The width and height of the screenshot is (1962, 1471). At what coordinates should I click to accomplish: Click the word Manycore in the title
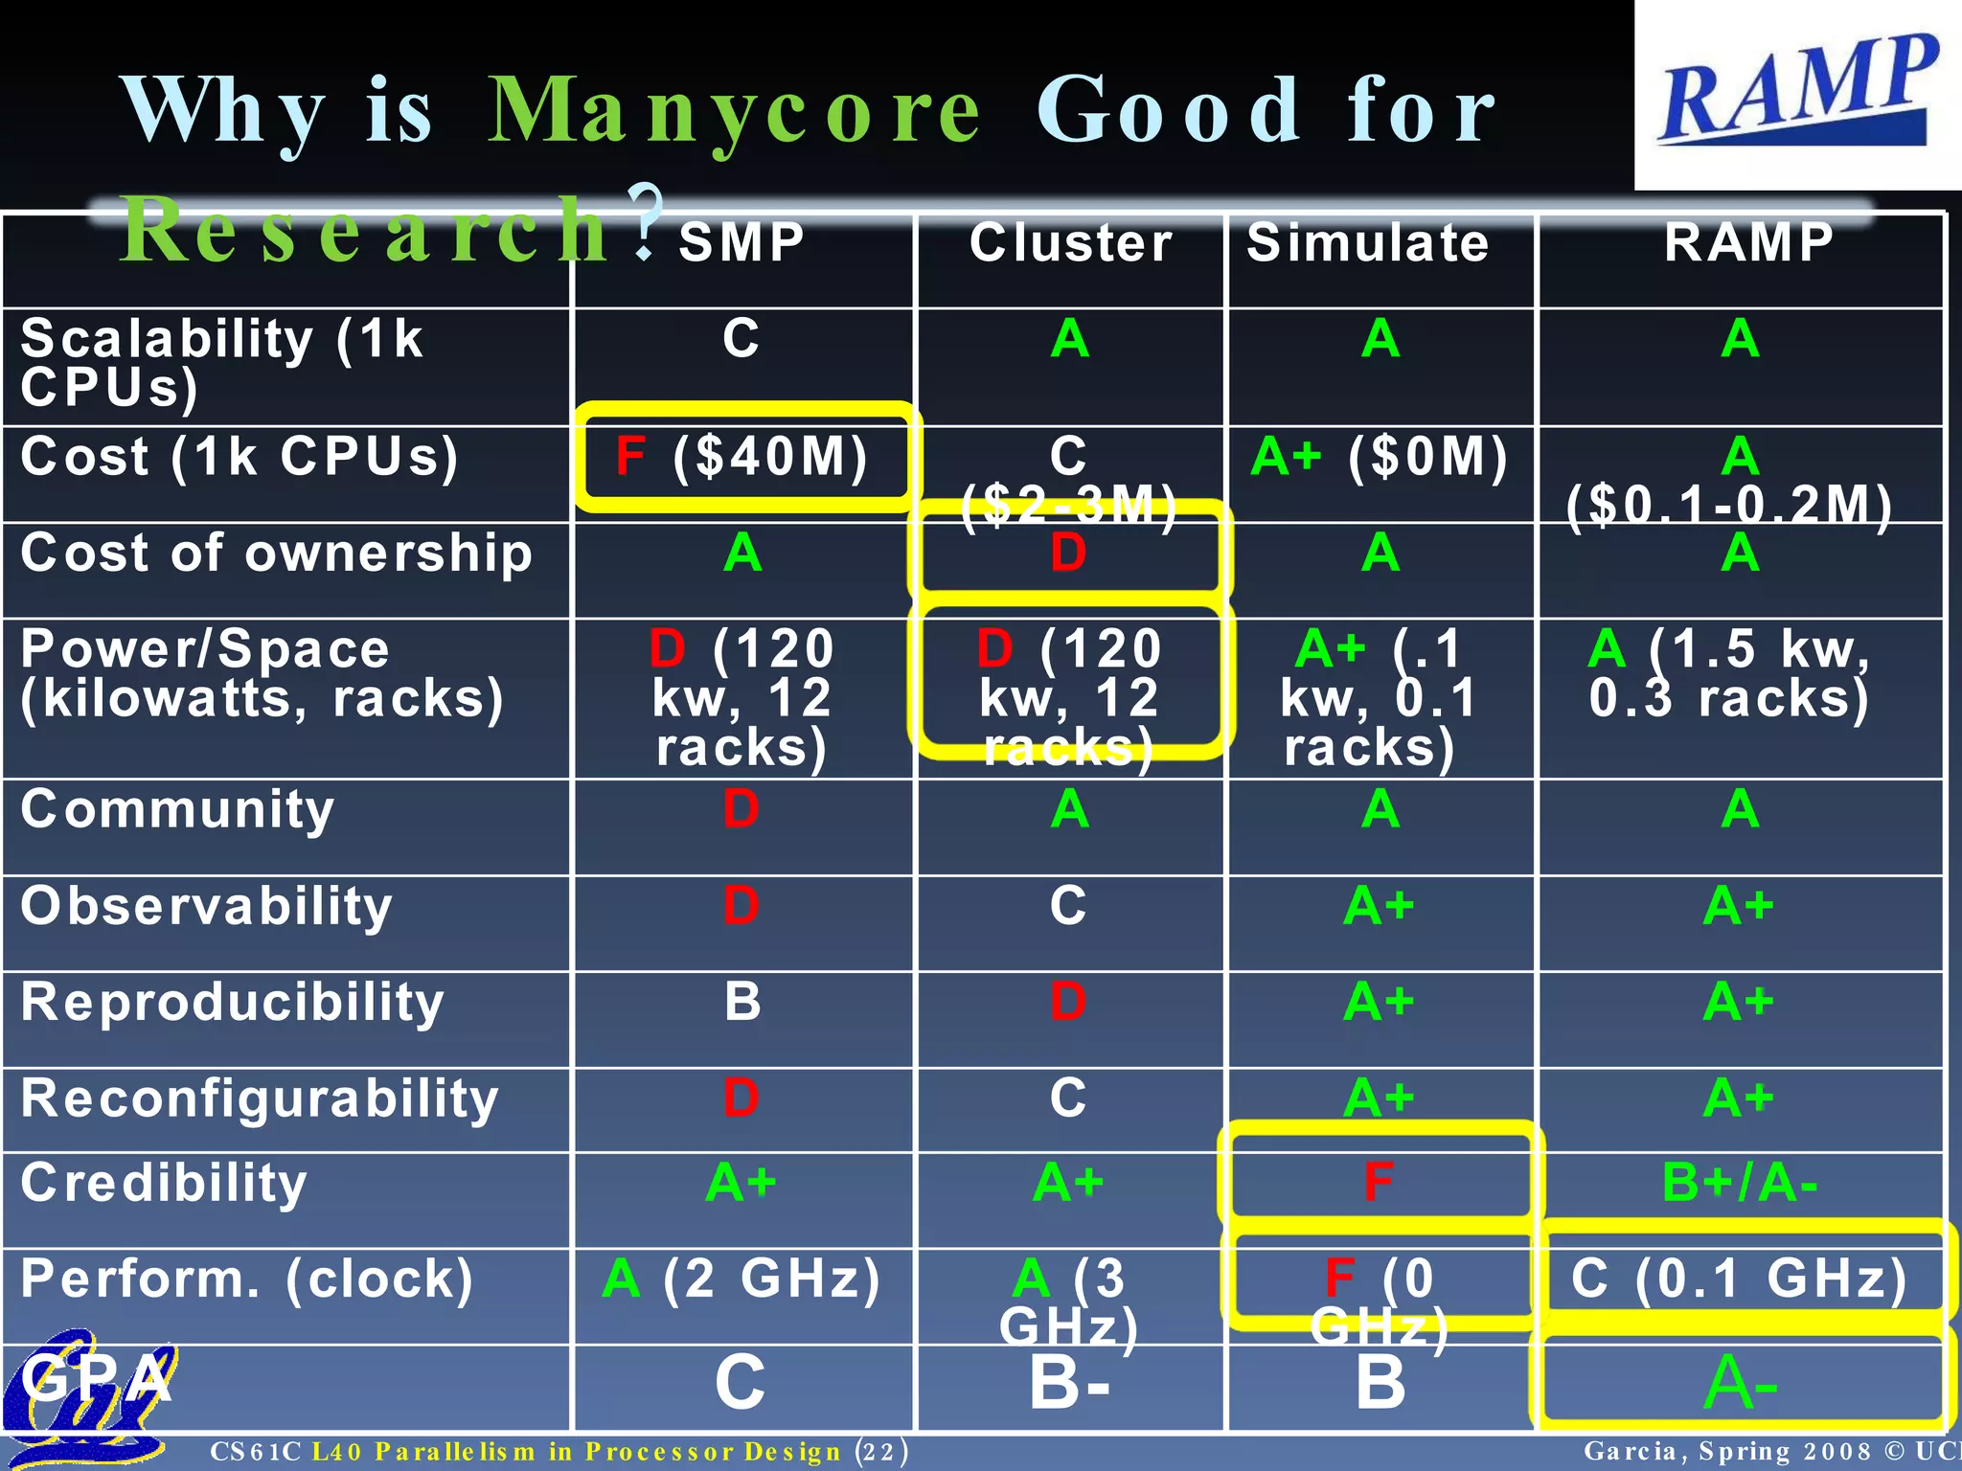(x=734, y=111)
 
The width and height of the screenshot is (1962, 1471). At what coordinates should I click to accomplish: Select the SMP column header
(x=741, y=242)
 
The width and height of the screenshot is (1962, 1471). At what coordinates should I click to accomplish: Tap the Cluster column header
(x=1070, y=242)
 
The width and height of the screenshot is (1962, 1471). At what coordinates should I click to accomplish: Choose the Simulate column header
(x=1368, y=242)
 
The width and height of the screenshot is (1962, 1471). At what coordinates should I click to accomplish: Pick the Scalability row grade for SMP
(x=741, y=338)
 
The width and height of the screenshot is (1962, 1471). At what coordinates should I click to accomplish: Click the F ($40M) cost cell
(x=742, y=457)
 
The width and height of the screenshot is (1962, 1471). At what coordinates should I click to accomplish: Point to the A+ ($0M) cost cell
(x=1380, y=457)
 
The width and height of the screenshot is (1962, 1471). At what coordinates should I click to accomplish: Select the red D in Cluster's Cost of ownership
(x=1068, y=554)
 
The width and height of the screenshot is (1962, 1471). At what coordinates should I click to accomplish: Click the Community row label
(x=178, y=809)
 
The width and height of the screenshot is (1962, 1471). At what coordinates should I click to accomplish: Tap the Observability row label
(x=207, y=906)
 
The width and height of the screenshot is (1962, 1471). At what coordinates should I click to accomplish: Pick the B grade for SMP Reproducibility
(x=742, y=1002)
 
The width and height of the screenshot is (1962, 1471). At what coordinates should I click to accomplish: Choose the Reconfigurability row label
(x=260, y=1098)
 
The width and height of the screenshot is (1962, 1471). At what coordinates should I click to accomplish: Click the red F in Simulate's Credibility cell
(x=1379, y=1182)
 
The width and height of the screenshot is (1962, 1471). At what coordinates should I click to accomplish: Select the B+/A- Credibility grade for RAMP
(x=1740, y=1183)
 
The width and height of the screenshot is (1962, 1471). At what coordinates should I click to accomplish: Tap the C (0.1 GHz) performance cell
(x=1739, y=1279)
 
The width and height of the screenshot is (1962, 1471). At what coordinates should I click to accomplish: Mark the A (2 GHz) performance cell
(x=741, y=1279)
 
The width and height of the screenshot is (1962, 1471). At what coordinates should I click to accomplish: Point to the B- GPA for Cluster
(x=1069, y=1383)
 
